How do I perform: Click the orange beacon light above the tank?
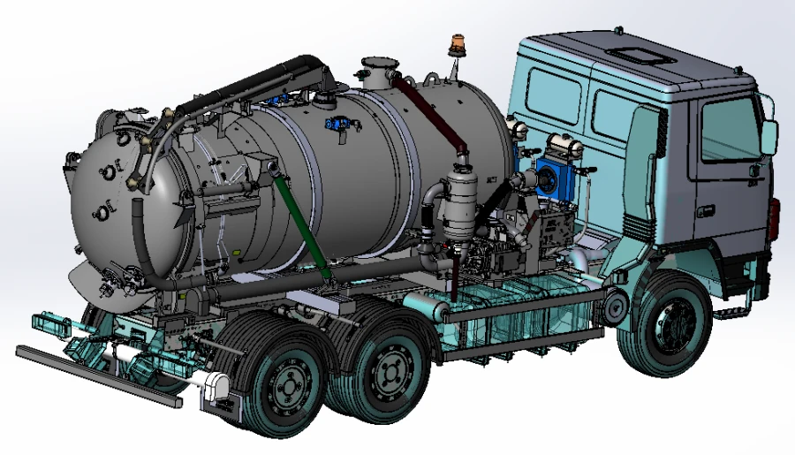pyautogui.click(x=458, y=42)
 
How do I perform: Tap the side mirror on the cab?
pyautogui.click(x=768, y=133)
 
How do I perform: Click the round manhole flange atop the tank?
pyautogui.click(x=381, y=64)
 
